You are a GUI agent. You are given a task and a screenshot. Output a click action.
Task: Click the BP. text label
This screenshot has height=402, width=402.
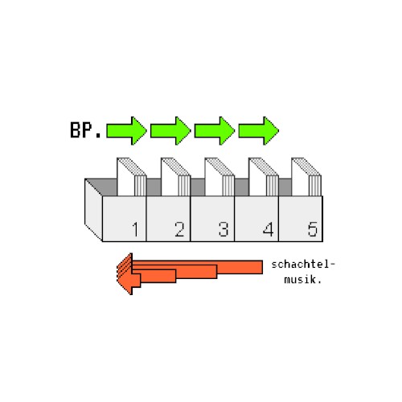(85, 130)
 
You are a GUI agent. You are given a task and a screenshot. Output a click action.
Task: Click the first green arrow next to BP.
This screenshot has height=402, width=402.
(126, 131)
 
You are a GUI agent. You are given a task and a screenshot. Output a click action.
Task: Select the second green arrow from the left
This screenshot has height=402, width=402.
(170, 131)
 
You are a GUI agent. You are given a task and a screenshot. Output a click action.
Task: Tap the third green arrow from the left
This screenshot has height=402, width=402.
(215, 131)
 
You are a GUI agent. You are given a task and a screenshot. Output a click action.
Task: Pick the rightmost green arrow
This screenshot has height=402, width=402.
(259, 131)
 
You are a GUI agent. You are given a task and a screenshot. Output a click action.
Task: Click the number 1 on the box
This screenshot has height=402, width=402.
(136, 229)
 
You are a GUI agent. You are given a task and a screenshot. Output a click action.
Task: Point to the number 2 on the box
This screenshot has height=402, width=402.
(179, 229)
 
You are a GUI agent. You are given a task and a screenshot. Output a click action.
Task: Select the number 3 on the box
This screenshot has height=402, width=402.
(224, 229)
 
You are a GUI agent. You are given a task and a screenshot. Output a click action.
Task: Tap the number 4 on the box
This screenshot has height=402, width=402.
(268, 229)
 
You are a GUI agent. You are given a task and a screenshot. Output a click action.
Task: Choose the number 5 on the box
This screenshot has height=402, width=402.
(313, 229)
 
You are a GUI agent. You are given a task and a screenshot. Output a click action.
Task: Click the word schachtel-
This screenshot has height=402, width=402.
(303, 265)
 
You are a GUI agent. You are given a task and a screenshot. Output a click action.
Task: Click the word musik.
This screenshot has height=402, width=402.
(302, 280)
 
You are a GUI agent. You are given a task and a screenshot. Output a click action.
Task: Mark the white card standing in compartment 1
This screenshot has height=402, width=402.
(131, 178)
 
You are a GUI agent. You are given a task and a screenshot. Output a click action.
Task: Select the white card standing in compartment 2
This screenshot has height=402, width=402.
(175, 178)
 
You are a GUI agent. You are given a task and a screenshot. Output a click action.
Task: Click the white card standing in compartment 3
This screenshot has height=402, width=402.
(219, 178)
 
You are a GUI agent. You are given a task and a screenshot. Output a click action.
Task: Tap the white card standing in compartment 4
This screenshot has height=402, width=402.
(264, 178)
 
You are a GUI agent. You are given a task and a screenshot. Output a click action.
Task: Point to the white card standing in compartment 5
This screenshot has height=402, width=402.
(306, 178)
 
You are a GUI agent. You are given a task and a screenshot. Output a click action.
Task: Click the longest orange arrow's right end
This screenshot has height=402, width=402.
(262, 267)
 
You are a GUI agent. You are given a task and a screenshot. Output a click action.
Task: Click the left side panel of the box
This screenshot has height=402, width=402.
(93, 210)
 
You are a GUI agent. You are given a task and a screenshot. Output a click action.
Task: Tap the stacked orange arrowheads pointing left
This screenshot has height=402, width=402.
(125, 274)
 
